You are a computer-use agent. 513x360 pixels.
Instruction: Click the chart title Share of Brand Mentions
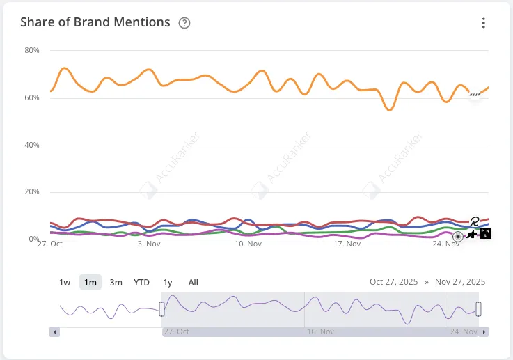95,22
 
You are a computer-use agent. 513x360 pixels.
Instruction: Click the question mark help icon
184,23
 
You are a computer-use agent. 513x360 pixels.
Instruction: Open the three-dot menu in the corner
484,23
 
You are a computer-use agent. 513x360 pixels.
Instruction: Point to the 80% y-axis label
32,51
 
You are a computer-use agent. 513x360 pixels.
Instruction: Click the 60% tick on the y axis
32,98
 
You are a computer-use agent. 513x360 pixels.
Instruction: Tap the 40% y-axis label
32,146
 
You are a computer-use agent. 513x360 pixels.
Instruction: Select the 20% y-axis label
32,192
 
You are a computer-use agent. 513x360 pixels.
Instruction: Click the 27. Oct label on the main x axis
51,244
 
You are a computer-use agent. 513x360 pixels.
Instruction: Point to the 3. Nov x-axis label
150,244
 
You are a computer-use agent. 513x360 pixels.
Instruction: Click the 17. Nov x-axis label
347,244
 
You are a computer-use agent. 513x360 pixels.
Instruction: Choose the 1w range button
65,282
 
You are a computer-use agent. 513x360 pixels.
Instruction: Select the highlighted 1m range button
90,282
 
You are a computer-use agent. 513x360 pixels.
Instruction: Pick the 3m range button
116,282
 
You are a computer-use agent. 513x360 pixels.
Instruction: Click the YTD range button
141,282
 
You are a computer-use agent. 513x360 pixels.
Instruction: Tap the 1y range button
168,282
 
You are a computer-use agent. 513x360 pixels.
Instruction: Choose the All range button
193,282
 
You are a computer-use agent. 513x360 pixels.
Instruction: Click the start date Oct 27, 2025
394,282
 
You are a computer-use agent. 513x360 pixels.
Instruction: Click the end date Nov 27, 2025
460,282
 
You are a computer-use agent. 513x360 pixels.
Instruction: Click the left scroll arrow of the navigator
54,331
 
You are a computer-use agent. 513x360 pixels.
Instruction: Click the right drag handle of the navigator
478,308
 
